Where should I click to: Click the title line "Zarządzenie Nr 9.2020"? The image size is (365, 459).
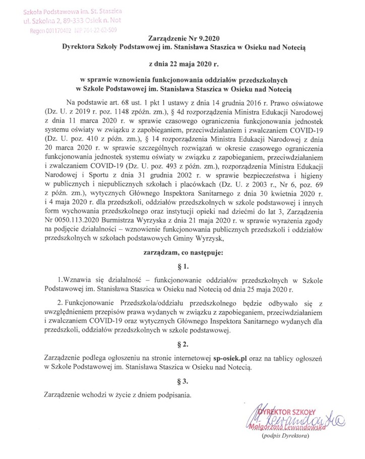185,38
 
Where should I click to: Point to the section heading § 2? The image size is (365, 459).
185,344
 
